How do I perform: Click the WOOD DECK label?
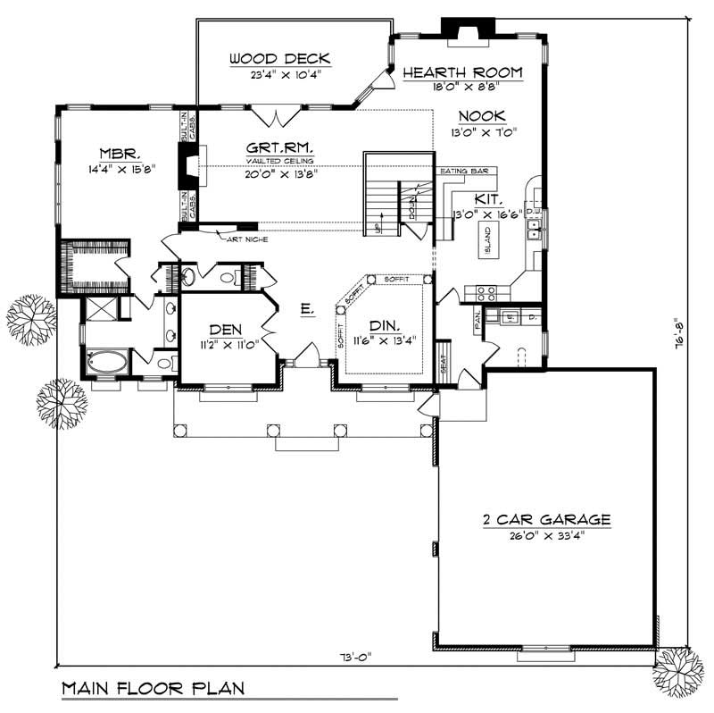pos(279,60)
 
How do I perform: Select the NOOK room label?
pos(482,116)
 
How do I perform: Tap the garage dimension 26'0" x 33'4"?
pos(542,536)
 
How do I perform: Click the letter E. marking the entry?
pos(305,309)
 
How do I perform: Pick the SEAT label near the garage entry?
pos(443,365)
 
